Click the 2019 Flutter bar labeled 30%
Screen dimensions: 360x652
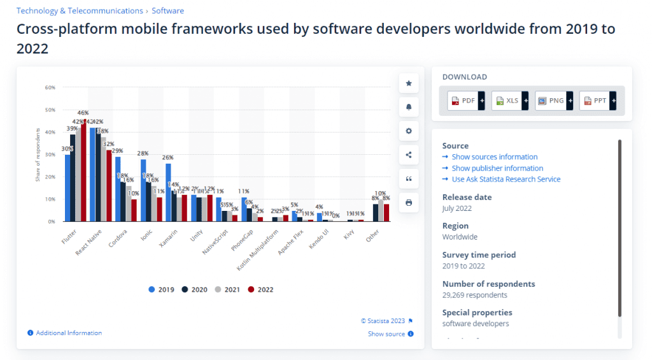click(67, 188)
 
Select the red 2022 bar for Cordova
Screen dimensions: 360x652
click(134, 210)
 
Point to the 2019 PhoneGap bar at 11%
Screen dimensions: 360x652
click(244, 209)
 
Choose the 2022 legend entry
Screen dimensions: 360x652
click(260, 289)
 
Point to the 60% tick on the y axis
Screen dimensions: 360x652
click(50, 87)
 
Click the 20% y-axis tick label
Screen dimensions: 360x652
click(50, 176)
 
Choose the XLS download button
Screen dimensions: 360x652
click(507, 101)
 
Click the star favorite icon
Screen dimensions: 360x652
click(409, 83)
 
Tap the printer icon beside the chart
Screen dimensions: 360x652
click(409, 203)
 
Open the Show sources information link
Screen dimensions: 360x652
click(494, 157)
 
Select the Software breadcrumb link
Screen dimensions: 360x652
click(168, 11)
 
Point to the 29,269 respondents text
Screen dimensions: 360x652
click(474, 295)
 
